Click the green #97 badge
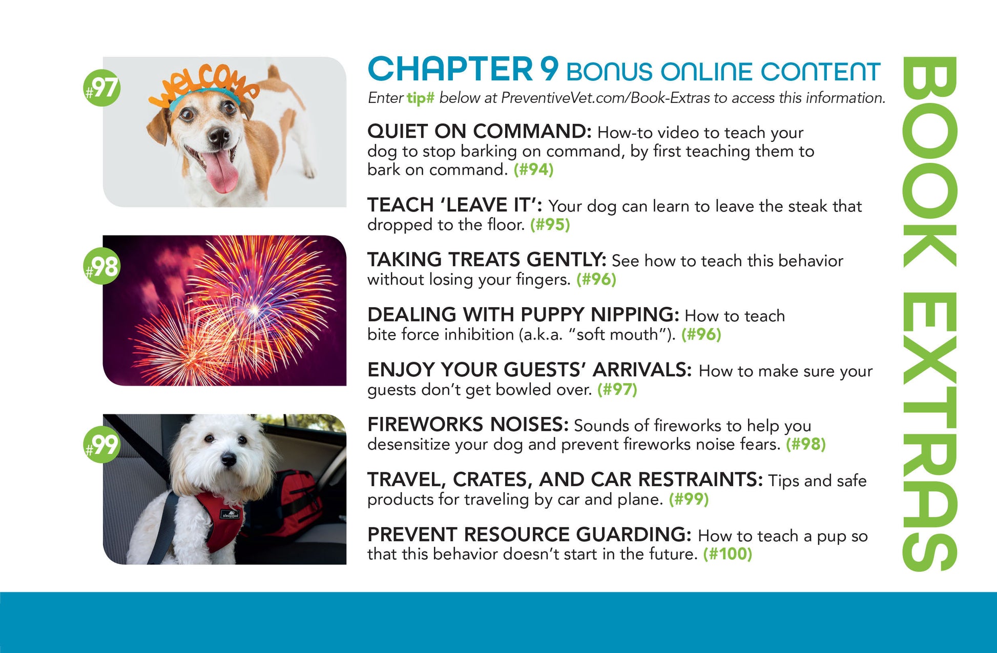(x=102, y=88)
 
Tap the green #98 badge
(x=102, y=266)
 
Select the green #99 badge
(x=102, y=445)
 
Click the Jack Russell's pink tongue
(x=221, y=172)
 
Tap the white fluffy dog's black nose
(x=229, y=458)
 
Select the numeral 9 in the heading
(x=549, y=69)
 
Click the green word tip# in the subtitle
(x=421, y=98)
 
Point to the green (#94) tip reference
(x=534, y=170)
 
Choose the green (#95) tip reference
(x=550, y=224)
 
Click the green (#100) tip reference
(x=728, y=554)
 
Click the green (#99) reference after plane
(x=689, y=499)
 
